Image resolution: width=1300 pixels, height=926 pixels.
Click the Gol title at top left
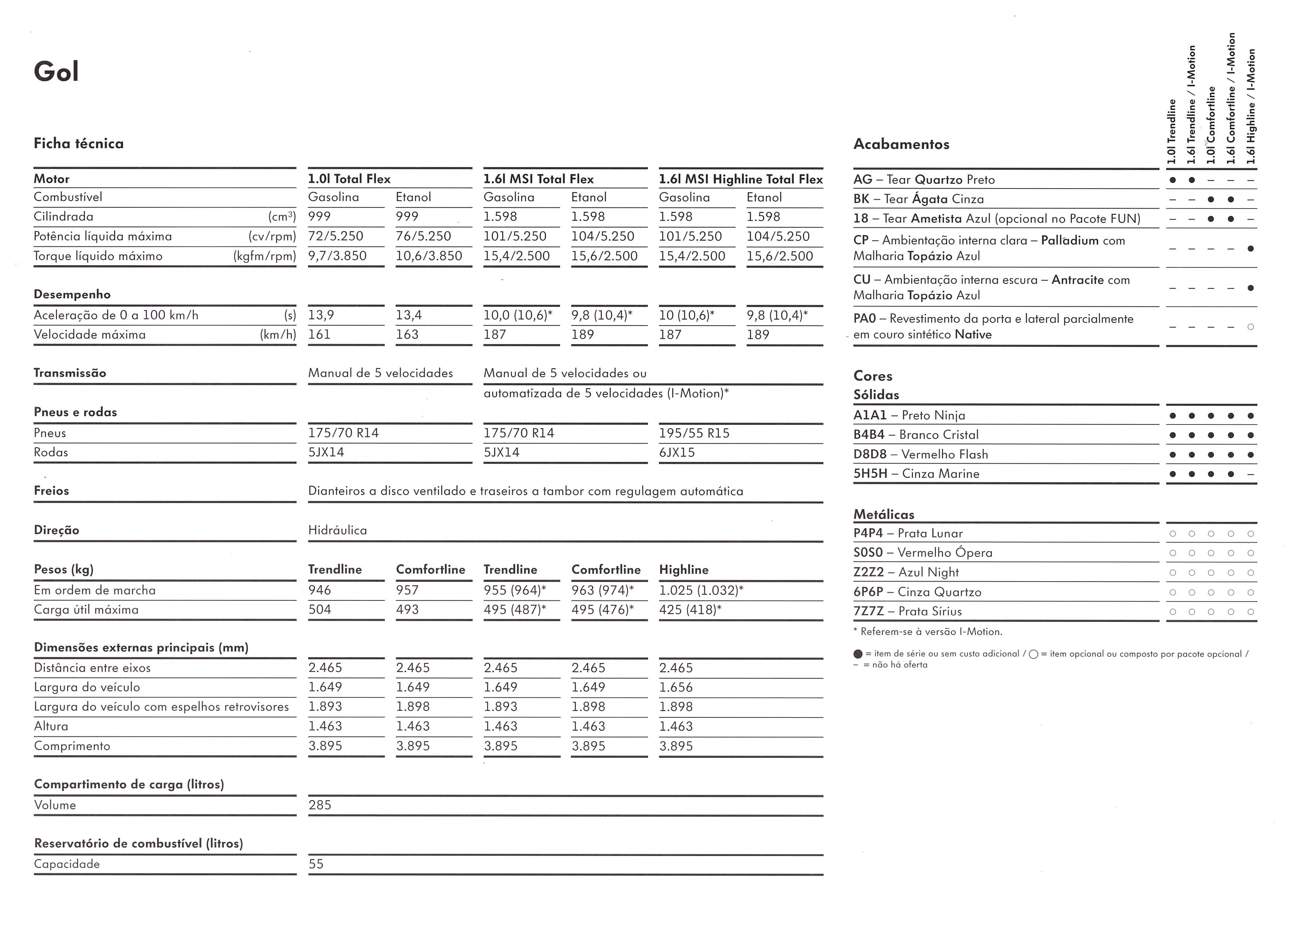(x=56, y=72)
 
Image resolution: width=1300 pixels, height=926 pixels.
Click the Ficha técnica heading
(x=79, y=143)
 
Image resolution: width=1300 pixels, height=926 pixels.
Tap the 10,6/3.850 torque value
(x=429, y=256)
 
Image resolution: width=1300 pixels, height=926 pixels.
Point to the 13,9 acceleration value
(x=321, y=315)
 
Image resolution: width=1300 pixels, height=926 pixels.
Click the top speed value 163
(x=407, y=335)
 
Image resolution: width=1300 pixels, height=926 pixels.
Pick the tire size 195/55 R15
(x=694, y=433)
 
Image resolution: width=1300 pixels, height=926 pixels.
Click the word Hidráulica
(x=337, y=530)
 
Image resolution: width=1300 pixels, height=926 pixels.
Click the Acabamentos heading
(x=901, y=144)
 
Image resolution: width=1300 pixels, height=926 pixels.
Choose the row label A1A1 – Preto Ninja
(x=909, y=416)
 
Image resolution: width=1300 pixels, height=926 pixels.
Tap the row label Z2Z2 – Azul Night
(x=906, y=573)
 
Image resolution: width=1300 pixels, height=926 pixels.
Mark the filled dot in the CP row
(x=1250, y=249)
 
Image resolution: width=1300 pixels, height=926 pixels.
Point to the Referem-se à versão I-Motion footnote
(x=928, y=632)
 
